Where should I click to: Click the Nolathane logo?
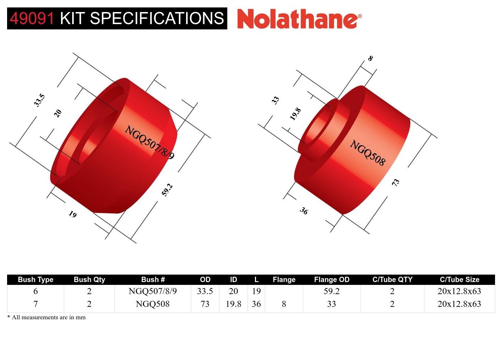coord(299,18)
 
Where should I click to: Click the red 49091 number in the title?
coord(32,18)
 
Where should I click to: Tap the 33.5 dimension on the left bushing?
coord(39,100)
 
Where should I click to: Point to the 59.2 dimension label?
coord(167,190)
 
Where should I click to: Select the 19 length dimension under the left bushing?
coord(72,214)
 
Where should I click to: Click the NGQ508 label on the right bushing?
coord(367,153)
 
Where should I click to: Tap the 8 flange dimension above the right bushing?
coord(370,58)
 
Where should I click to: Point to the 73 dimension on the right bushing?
coord(395,182)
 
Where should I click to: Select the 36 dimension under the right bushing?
coord(304,211)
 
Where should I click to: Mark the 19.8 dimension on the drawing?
coord(295,114)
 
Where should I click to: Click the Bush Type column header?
coord(35,280)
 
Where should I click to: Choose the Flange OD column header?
coord(332,280)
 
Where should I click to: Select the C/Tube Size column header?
coord(459,280)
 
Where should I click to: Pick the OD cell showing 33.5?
coord(205,291)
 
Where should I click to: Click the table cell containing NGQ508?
coord(152,304)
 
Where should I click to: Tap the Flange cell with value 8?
coord(284,304)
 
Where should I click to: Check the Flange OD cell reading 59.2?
coord(332,291)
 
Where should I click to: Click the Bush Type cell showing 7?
coord(35,304)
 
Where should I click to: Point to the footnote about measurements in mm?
coord(46,317)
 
